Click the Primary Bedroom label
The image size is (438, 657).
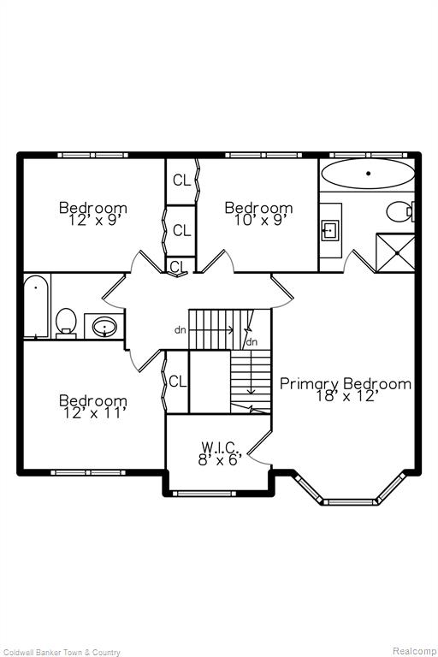(x=346, y=384)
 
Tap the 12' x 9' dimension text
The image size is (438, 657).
(x=94, y=221)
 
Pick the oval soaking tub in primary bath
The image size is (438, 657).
(x=368, y=173)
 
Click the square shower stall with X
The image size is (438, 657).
(x=395, y=252)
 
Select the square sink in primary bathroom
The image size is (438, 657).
(x=330, y=230)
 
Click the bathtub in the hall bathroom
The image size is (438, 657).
(x=36, y=305)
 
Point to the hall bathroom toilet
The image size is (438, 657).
(x=66, y=323)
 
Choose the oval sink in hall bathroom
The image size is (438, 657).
(x=104, y=327)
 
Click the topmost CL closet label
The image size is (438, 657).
(x=181, y=181)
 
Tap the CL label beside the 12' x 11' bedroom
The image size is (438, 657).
(x=177, y=382)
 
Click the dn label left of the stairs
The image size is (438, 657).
(x=181, y=330)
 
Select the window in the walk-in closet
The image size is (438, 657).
(x=202, y=494)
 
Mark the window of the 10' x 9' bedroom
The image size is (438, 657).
(x=263, y=155)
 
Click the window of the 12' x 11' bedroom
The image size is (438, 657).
(x=88, y=472)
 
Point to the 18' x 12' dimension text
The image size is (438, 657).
(x=346, y=396)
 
